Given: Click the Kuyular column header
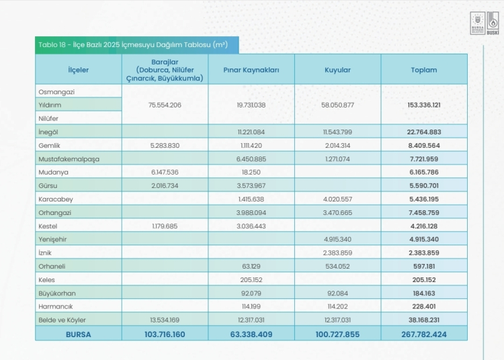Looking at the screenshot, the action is (337, 70).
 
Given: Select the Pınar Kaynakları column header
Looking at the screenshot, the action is (251, 70).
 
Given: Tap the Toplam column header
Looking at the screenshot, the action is (423, 70).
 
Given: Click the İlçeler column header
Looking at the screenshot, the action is (78, 70).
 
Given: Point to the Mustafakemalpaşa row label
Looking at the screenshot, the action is (69, 159).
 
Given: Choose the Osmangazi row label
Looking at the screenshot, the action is (56, 92).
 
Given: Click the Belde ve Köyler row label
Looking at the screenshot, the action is (62, 320).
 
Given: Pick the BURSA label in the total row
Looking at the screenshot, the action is (78, 334).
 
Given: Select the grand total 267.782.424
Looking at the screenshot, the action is (423, 334).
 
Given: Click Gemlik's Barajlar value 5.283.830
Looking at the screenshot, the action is (165, 146).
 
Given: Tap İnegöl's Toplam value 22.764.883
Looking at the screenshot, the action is (423, 132).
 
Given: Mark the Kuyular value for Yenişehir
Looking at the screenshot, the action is (337, 239).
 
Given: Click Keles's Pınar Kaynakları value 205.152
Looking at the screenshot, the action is (251, 279).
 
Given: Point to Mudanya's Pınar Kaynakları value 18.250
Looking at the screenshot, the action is (251, 172).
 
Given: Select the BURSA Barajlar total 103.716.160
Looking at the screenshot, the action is (165, 334).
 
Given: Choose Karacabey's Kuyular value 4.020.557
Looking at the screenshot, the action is (337, 199).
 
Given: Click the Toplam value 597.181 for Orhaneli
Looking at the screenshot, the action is (423, 266).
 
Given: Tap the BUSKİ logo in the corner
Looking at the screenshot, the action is (493, 23).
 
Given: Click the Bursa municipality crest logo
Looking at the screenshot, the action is (477, 23).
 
